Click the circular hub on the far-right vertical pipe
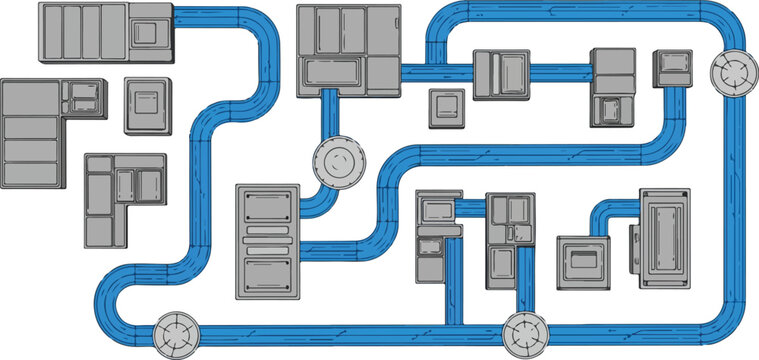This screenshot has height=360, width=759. click(736, 73)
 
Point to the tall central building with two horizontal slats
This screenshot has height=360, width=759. click(268, 240)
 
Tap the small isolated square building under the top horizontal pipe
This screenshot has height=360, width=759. click(446, 108)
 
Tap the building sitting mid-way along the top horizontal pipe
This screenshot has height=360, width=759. click(500, 74)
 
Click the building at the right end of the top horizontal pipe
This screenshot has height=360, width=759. click(614, 85)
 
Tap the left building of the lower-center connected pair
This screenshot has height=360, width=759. click(438, 235)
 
